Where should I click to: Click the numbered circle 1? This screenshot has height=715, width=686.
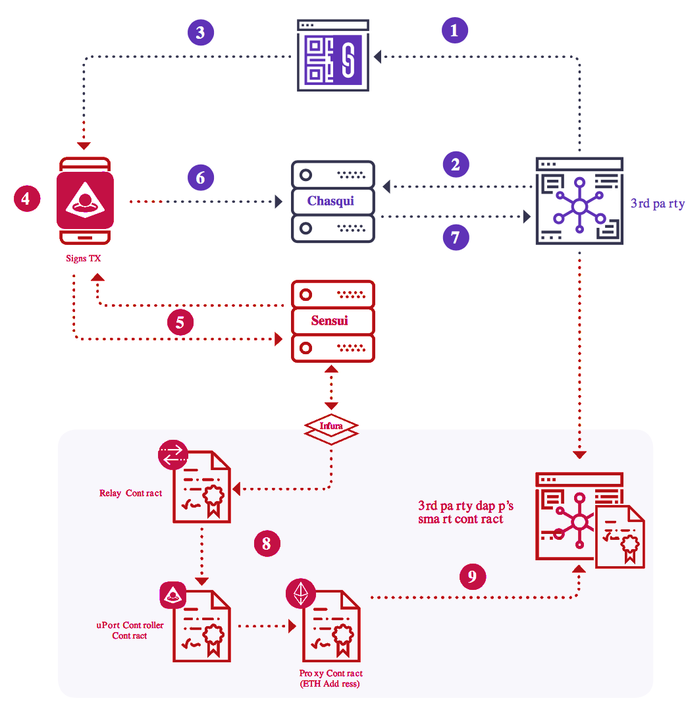click(x=455, y=30)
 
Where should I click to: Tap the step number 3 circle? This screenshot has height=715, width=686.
click(x=201, y=32)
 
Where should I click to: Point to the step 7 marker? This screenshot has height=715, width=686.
click(x=456, y=236)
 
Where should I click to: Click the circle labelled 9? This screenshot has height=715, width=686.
click(x=472, y=577)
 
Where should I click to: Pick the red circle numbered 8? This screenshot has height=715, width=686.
click(x=267, y=544)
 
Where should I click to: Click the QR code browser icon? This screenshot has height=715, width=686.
click(x=330, y=55)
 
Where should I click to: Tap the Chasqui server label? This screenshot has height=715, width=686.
click(x=331, y=201)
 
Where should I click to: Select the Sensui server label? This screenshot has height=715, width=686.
click(x=332, y=321)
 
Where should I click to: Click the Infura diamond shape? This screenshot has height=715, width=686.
click(x=331, y=427)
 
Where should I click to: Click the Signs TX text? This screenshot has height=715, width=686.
click(x=84, y=259)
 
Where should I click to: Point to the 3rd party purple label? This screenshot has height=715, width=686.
click(x=657, y=203)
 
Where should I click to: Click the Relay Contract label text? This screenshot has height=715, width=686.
click(x=130, y=492)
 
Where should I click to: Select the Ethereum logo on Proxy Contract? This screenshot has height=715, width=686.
click(x=301, y=595)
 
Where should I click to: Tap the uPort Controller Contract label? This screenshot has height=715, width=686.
click(x=130, y=630)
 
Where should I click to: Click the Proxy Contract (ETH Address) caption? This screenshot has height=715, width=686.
click(x=331, y=679)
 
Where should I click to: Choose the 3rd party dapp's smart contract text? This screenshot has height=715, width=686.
click(x=465, y=512)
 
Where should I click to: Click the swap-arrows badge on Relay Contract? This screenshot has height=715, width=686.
click(x=173, y=454)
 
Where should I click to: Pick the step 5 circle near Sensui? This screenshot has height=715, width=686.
click(x=180, y=322)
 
